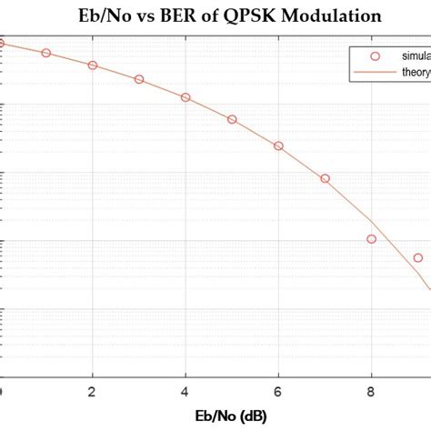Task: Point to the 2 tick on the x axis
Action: pyautogui.click(x=92, y=392)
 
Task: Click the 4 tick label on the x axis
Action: pyautogui.click(x=185, y=392)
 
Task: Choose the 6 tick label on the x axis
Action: pyautogui.click(x=278, y=392)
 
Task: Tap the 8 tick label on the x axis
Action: pyautogui.click(x=371, y=392)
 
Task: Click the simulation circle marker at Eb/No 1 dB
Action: pyautogui.click(x=46, y=53)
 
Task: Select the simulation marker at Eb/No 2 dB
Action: pyautogui.click(x=92, y=65)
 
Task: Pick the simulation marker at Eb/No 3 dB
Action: pyautogui.click(x=139, y=79)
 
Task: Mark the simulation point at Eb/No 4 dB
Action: pyautogui.click(x=185, y=96)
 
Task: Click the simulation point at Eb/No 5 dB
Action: pyautogui.click(x=232, y=119)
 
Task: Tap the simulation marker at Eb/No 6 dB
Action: pyautogui.click(x=278, y=145)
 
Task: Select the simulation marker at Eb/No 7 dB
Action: pyautogui.click(x=325, y=178)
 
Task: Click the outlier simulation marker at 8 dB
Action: pyautogui.click(x=371, y=239)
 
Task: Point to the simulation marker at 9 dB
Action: pyautogui.click(x=417, y=257)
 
